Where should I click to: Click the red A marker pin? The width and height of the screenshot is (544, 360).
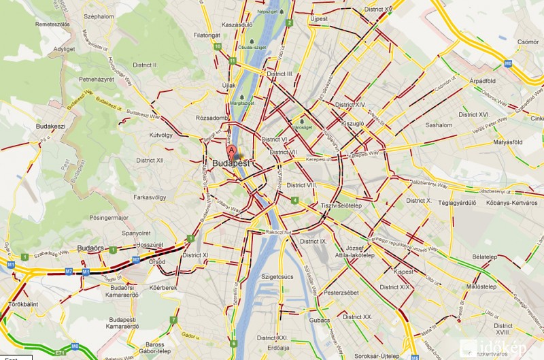coord(231,151)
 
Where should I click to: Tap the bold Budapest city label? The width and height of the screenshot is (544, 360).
coord(231,164)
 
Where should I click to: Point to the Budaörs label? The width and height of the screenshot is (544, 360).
coord(90,248)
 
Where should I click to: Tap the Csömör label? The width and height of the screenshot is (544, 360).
coord(528,42)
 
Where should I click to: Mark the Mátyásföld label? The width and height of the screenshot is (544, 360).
coord(507,142)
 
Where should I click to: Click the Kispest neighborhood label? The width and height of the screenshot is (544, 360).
coord(403,272)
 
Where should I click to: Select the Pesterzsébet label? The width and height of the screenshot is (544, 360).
coord(341,292)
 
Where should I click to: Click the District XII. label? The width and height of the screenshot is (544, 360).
coord(150,160)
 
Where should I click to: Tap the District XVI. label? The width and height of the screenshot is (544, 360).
coord(474,115)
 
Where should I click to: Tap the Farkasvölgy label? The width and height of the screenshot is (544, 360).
coord(150,198)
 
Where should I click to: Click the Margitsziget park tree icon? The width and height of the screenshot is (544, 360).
coord(242,95)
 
